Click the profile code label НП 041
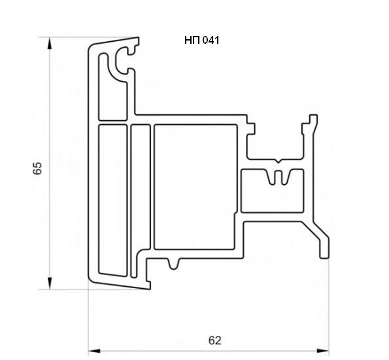(x=202, y=40)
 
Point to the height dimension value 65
(x=37, y=169)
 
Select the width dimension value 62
(x=214, y=340)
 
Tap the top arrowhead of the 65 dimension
(x=50, y=43)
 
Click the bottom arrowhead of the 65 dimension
(x=50, y=284)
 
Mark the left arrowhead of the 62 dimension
(x=95, y=351)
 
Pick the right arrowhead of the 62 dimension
(x=323, y=351)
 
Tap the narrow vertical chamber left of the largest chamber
(x=141, y=201)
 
